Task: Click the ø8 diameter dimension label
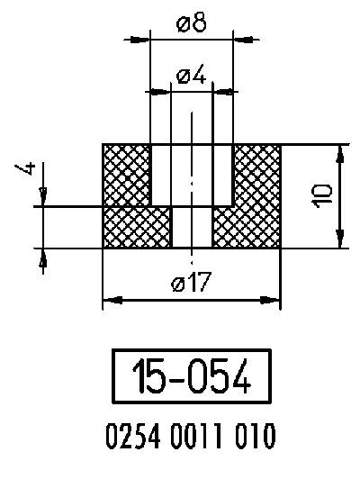click(192, 24)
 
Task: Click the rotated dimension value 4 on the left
click(31, 169)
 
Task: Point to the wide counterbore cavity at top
click(192, 174)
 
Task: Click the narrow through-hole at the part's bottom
click(192, 226)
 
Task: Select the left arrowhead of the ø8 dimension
click(141, 39)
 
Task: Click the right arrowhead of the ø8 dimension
click(243, 39)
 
